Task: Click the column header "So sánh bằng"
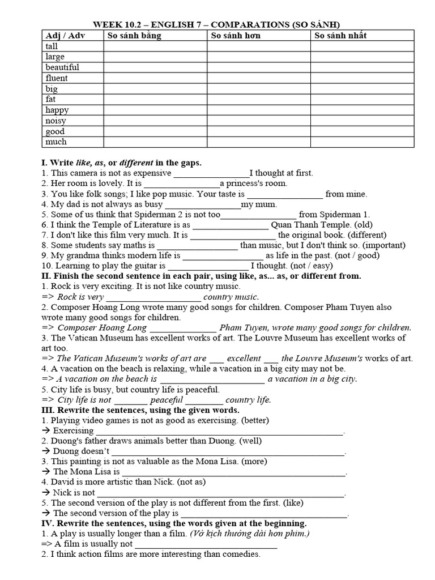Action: pyautogui.click(x=134, y=36)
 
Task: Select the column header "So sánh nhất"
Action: pyautogui.click(x=340, y=36)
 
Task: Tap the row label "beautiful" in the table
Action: pyautogui.click(x=62, y=67)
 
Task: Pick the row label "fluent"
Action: pyautogui.click(x=57, y=78)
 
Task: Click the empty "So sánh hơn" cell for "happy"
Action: pyautogui.click(x=258, y=110)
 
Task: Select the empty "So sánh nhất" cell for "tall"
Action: pyautogui.click(x=362, y=46)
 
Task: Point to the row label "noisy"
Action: pyautogui.click(x=56, y=121)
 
